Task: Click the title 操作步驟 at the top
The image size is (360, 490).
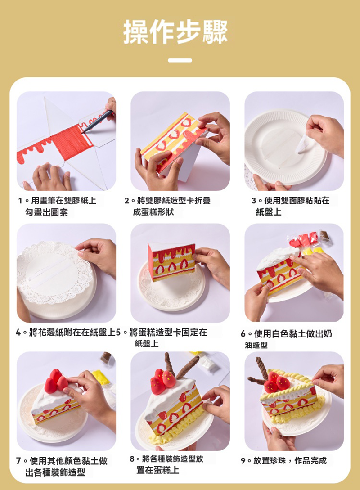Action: click(x=175, y=31)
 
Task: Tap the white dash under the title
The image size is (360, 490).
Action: click(x=180, y=60)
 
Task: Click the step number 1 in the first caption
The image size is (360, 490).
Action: click(x=20, y=201)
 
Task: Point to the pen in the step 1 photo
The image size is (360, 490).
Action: click(x=97, y=121)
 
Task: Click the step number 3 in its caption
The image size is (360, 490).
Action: click(x=254, y=201)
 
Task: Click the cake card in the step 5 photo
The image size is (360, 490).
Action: click(x=171, y=262)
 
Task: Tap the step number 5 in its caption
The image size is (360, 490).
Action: click(x=118, y=332)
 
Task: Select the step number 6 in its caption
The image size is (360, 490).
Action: click(x=243, y=334)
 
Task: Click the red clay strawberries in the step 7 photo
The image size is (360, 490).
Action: click(x=56, y=381)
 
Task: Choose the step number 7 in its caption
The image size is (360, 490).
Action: click(x=18, y=461)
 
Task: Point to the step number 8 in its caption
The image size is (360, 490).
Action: click(x=132, y=459)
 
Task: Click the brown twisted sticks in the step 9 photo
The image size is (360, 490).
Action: click(x=259, y=373)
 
